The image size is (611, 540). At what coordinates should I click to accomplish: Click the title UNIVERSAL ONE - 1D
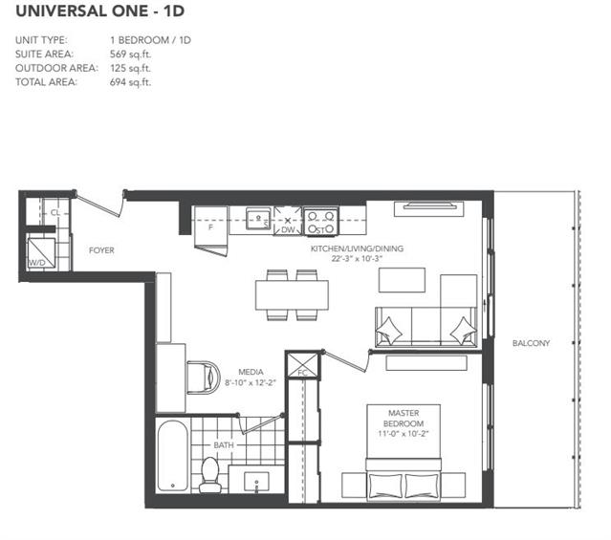(x=99, y=11)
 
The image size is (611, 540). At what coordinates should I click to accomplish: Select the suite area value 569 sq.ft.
(x=130, y=54)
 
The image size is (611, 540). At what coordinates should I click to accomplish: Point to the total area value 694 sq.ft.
(x=130, y=82)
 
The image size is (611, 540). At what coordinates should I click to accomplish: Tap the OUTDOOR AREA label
(x=56, y=68)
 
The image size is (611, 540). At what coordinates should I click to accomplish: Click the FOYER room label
(x=101, y=250)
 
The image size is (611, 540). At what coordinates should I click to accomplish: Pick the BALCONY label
(x=531, y=343)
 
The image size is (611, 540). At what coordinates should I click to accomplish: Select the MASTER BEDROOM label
(x=404, y=418)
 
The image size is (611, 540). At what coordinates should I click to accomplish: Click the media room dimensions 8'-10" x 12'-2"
(x=251, y=383)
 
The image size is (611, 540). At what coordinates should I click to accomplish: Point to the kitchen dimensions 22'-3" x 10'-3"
(x=357, y=259)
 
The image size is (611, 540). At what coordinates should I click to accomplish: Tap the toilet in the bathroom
(x=210, y=475)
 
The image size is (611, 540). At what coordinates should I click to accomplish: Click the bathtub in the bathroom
(x=173, y=456)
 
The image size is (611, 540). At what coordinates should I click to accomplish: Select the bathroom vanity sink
(x=256, y=482)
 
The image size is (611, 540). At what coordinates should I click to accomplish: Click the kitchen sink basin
(x=258, y=219)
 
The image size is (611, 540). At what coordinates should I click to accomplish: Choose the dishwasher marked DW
(x=288, y=221)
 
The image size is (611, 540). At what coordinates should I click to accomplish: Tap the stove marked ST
(x=320, y=222)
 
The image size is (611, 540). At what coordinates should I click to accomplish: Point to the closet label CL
(x=55, y=213)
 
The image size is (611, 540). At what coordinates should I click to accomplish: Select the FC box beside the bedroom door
(x=302, y=365)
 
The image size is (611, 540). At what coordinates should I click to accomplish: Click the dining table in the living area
(x=292, y=295)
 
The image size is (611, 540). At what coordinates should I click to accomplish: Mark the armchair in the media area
(x=204, y=378)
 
